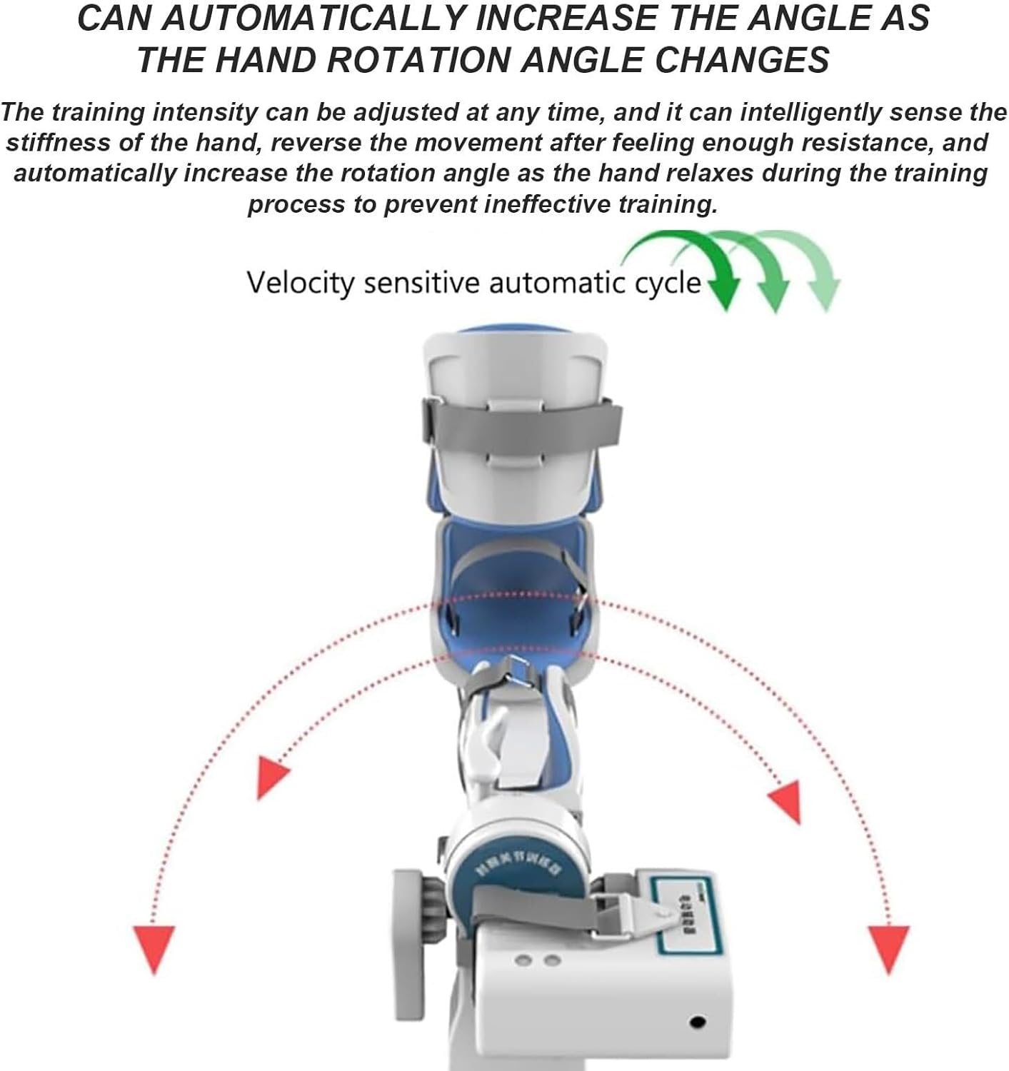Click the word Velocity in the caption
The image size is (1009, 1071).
[x=300, y=283]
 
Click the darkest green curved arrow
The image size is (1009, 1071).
[x=686, y=264]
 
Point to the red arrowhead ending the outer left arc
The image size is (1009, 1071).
[x=154, y=948]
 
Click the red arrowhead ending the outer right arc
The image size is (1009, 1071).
[x=888, y=948]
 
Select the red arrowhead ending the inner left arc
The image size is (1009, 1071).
[x=272, y=778]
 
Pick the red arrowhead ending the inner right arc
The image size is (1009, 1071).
[x=785, y=800]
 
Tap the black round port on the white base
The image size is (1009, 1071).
[x=698, y=1023]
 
